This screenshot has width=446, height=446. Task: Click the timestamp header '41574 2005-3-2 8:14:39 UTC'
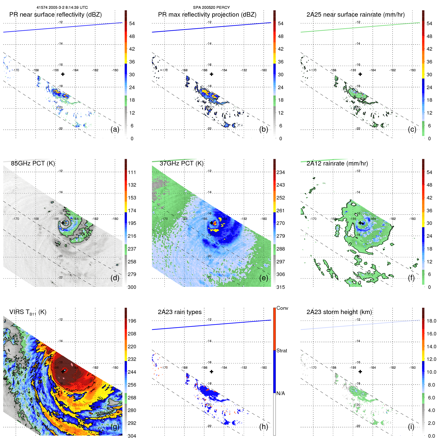click(x=62, y=8)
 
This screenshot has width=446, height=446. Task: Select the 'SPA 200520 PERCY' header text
click(x=211, y=8)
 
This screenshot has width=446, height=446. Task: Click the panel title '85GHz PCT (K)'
click(x=33, y=163)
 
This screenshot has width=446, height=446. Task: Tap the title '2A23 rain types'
click(x=180, y=312)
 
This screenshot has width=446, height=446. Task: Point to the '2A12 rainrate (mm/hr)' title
click(x=337, y=163)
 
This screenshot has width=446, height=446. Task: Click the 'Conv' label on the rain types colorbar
click(x=282, y=308)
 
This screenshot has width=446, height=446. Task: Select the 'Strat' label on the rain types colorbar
click(x=282, y=351)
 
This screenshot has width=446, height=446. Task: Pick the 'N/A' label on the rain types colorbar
click(x=281, y=393)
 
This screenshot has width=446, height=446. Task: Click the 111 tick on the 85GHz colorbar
click(x=132, y=172)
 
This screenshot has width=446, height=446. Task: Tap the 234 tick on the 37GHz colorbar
click(x=281, y=172)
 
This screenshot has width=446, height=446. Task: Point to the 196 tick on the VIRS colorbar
click(x=132, y=321)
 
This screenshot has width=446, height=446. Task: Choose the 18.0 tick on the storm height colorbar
click(x=431, y=321)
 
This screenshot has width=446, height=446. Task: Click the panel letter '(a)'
click(x=115, y=129)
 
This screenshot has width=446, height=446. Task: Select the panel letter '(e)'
click(x=263, y=278)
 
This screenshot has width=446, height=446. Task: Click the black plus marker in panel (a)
click(x=63, y=74)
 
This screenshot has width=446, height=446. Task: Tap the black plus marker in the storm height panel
click(x=360, y=371)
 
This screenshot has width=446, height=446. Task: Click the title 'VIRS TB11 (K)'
click(x=28, y=312)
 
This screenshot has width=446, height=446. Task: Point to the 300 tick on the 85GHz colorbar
click(x=132, y=287)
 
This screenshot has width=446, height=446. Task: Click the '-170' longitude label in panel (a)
click(x=16, y=70)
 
